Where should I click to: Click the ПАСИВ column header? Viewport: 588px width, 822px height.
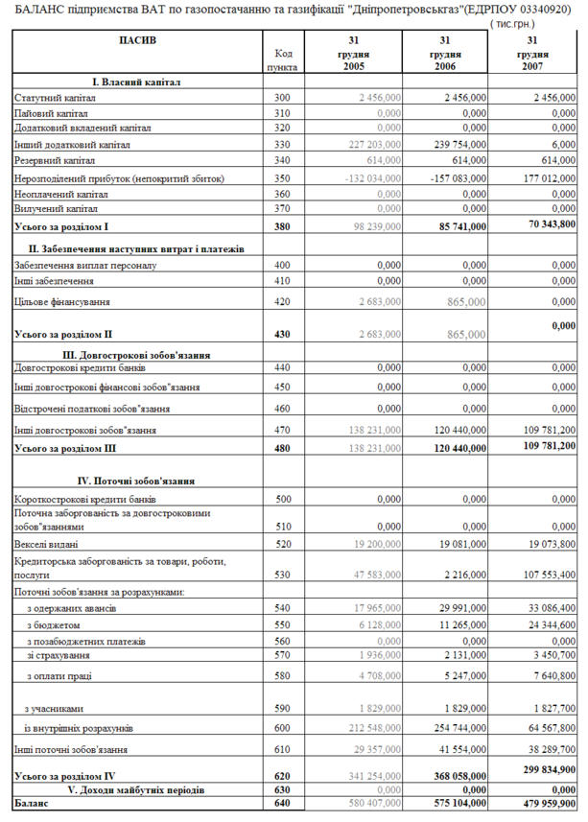coord(137,40)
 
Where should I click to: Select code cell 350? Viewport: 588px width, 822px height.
coord(281,178)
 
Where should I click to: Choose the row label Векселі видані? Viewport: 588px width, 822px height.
coord(47,543)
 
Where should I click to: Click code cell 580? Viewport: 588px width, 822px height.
coord(281,676)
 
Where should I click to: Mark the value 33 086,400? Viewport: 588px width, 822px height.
coord(547,609)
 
